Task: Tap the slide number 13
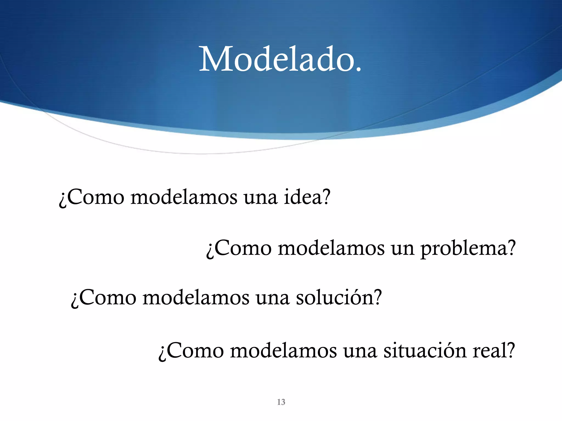pyautogui.click(x=281, y=402)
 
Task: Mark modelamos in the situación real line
pyautogui.click(x=283, y=351)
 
